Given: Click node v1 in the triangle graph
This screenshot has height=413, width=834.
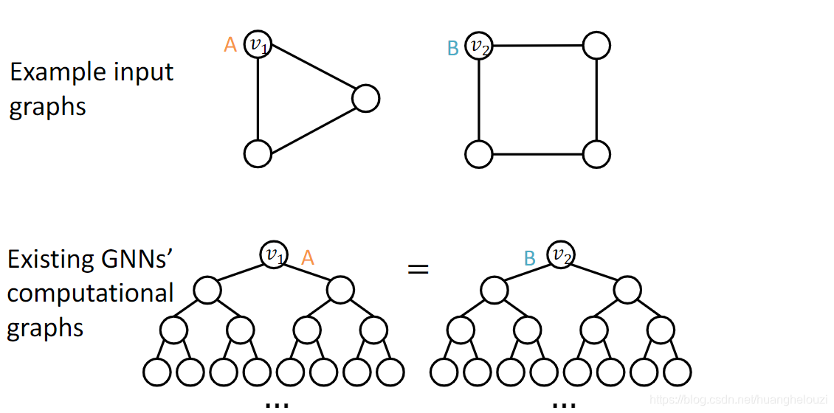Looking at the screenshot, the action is pyautogui.click(x=257, y=45).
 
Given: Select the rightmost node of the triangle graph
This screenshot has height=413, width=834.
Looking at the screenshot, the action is pyautogui.click(x=366, y=98).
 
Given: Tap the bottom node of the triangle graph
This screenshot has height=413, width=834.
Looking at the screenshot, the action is pyautogui.click(x=257, y=153).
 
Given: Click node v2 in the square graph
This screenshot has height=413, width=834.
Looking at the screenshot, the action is pyautogui.click(x=479, y=46).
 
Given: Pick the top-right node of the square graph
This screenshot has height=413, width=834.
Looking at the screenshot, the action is pyautogui.click(x=596, y=46).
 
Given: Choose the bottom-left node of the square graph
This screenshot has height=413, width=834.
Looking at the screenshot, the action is pyautogui.click(x=478, y=154).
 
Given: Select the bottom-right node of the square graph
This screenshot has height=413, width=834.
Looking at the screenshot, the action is pyautogui.click(x=596, y=154).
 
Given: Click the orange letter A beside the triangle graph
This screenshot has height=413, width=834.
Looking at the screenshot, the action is pyautogui.click(x=230, y=46).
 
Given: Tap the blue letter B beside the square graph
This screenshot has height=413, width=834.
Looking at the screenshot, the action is pyautogui.click(x=453, y=49).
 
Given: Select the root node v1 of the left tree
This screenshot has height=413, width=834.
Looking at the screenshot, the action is pyautogui.click(x=274, y=254).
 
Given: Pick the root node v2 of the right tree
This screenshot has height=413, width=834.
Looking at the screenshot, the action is pyautogui.click(x=561, y=255).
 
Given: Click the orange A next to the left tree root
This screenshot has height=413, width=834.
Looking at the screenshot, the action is pyautogui.click(x=308, y=257).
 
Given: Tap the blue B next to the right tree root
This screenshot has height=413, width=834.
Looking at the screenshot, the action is pyautogui.click(x=529, y=258).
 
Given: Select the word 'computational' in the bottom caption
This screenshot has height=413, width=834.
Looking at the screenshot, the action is pyautogui.click(x=90, y=294).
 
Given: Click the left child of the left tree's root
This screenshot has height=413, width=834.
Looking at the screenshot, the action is pyautogui.click(x=207, y=291).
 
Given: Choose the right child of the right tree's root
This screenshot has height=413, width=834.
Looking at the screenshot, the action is pyautogui.click(x=627, y=291).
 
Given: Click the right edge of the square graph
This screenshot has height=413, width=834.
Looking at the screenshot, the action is pyautogui.click(x=596, y=100).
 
